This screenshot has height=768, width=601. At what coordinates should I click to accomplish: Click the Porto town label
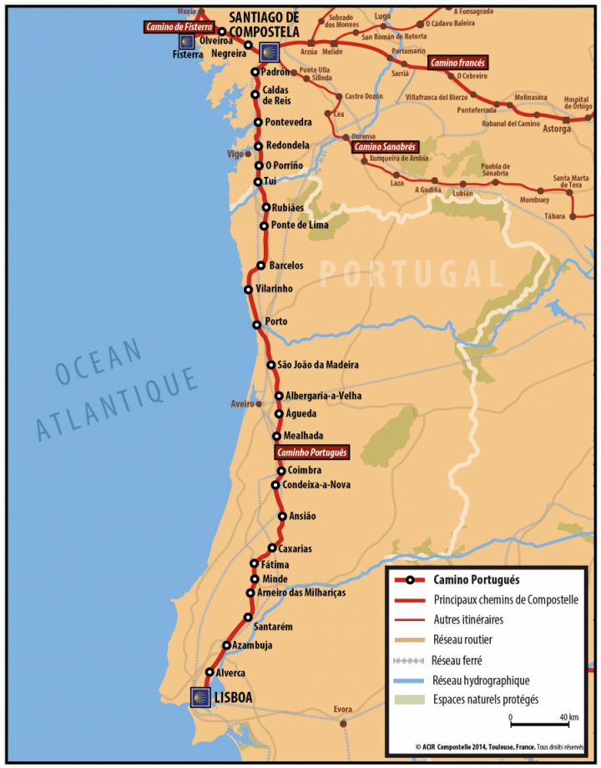click(275, 322)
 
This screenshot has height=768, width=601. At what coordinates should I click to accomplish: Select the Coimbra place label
click(305, 471)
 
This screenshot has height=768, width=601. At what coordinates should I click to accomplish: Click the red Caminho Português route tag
click(312, 452)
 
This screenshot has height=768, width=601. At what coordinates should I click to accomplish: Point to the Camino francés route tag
click(457, 63)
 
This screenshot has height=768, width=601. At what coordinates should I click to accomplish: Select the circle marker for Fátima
click(255, 563)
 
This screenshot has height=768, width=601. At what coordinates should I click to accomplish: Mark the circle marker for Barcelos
click(261, 265)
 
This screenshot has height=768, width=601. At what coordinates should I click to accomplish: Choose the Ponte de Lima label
click(300, 225)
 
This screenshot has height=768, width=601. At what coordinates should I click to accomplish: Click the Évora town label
click(343, 709)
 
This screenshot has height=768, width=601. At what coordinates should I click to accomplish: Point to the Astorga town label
click(558, 129)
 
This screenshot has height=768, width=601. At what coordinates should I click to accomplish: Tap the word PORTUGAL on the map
click(413, 273)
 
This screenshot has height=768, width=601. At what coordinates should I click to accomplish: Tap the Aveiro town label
click(241, 404)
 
